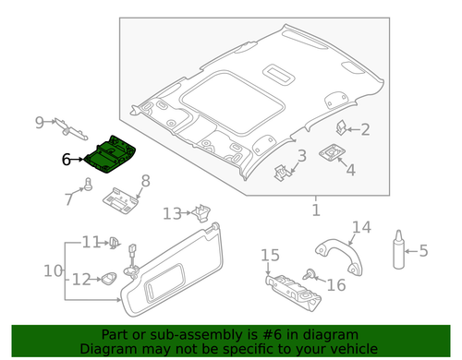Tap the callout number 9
[x=40, y=121]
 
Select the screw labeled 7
[x=88, y=185]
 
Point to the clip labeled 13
[x=199, y=214]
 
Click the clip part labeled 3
[x=282, y=170]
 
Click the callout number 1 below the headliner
[x=314, y=211]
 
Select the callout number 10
[x=52, y=270]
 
